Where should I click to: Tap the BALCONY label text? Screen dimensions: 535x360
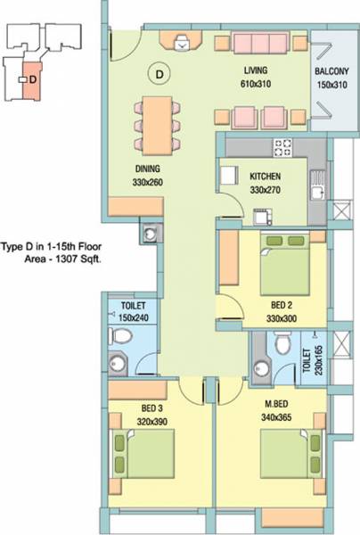click(331, 70)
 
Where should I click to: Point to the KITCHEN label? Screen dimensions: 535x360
click(266, 177)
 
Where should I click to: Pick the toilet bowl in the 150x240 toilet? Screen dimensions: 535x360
click(123, 336)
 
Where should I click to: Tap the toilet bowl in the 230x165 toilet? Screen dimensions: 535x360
click(283, 342)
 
